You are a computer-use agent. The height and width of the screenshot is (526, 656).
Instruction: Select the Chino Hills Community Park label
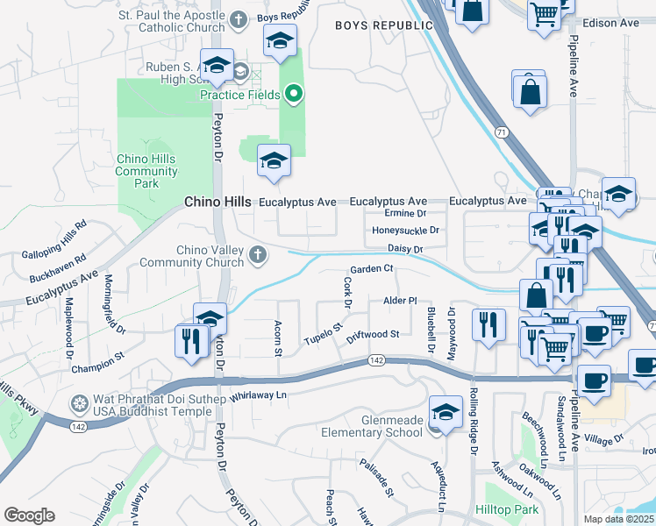coord(146,171)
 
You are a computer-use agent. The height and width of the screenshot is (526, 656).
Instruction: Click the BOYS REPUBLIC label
coord(372,26)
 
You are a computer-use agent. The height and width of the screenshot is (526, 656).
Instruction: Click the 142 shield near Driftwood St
coord(376,360)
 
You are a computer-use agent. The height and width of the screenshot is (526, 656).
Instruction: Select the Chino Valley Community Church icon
coord(257,256)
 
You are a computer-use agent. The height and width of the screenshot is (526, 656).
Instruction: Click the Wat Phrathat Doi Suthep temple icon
coord(79,403)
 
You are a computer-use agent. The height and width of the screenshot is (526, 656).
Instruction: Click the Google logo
coord(29,515)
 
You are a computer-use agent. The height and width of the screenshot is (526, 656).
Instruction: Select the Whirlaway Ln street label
coord(259,396)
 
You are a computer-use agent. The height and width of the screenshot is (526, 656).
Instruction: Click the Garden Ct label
coord(370,269)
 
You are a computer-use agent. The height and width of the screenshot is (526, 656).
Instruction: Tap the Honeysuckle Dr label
coord(404,231)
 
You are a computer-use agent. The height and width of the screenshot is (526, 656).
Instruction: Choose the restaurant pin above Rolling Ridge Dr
coord(488,324)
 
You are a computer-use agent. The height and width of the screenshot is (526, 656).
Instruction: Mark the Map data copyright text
coord(619,519)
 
